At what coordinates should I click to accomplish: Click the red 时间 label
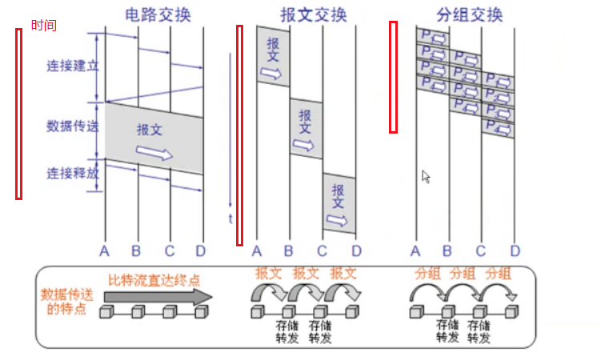pos(44,26)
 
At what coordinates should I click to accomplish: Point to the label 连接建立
pos(72,66)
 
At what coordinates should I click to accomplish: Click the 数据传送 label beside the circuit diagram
pos(72,126)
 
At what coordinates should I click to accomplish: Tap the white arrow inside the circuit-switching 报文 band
pos(154,152)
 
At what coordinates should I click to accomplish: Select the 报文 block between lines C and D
pos(339,203)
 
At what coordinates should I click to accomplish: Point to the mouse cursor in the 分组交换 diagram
pos(427,177)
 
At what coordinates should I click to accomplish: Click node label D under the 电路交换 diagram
pos(200,251)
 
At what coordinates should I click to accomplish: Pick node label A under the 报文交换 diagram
pos(257,251)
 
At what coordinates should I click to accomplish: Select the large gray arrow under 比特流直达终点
pos(158,296)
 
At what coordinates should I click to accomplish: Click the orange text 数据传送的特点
pos(67,302)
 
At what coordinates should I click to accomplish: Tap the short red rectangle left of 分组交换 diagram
pos(394,77)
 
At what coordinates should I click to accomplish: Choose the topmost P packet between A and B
pos(432,36)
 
